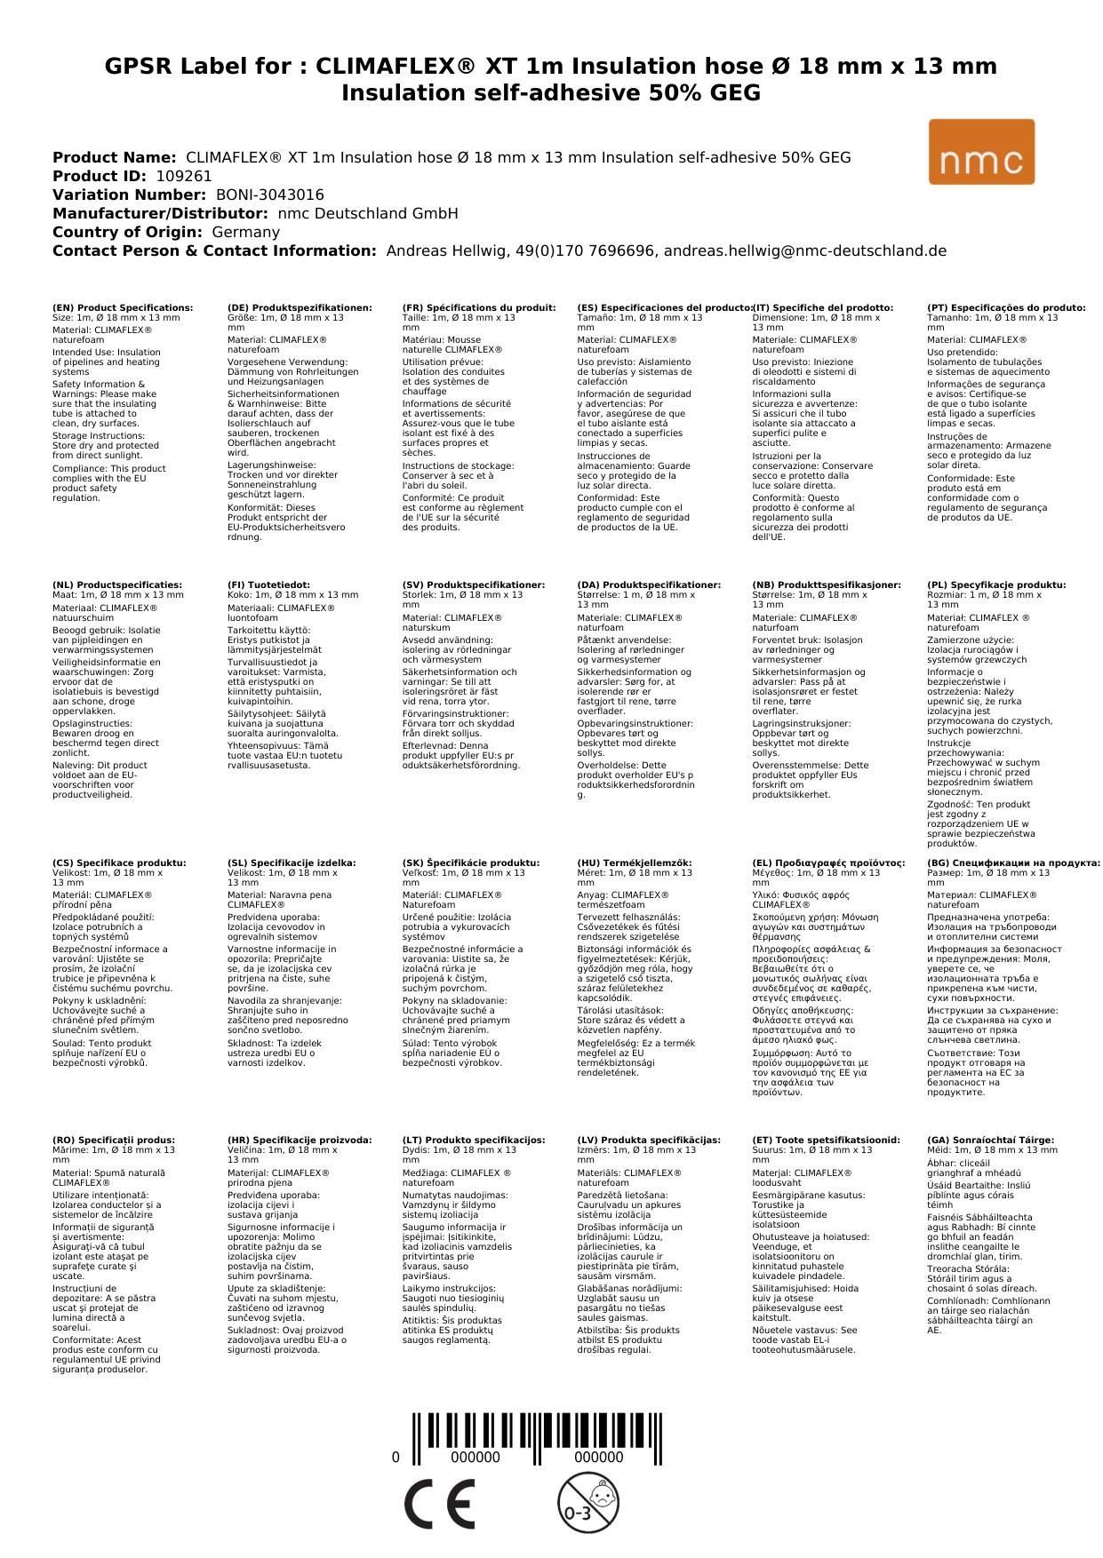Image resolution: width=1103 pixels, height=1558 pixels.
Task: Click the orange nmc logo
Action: tap(981, 152)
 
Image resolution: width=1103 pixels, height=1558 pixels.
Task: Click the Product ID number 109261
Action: tap(184, 177)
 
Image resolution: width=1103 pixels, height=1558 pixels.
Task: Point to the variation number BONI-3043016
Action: tap(270, 195)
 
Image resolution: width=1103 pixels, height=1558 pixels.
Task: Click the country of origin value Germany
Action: tap(245, 233)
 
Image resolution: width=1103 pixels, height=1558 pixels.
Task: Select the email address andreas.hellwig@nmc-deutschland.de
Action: tap(805, 251)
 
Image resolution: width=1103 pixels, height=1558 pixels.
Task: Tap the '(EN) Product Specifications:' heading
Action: tap(123, 308)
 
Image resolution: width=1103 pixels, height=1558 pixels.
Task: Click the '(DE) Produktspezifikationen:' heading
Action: tap(300, 308)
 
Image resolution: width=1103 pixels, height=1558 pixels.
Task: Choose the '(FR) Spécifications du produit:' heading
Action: tap(479, 308)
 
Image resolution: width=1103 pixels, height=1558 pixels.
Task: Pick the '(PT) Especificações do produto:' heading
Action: tap(1006, 308)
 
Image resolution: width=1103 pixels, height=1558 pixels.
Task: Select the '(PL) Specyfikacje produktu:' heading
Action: tap(996, 585)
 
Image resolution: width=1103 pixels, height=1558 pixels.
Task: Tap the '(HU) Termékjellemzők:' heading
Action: tap(634, 862)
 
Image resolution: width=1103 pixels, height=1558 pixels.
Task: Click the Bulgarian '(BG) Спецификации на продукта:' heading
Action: tap(1013, 862)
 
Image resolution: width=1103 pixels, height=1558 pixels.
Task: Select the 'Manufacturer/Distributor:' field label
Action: tap(160, 214)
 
